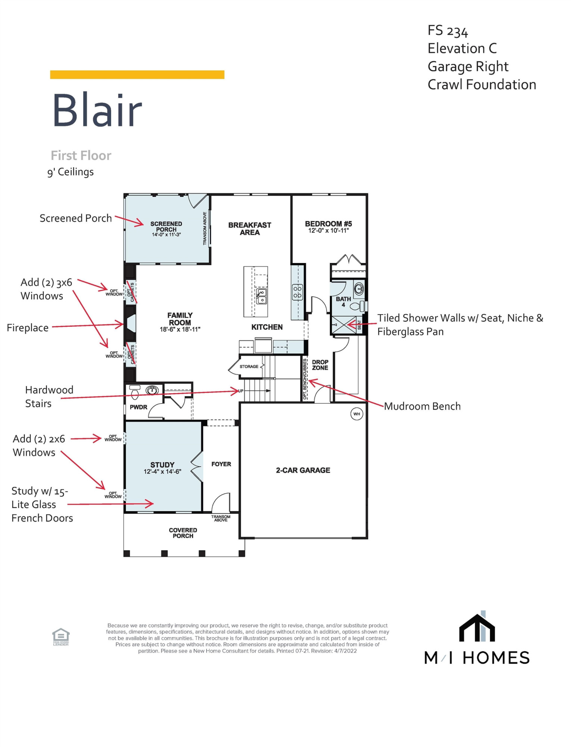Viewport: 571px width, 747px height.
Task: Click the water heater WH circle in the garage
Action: click(357, 414)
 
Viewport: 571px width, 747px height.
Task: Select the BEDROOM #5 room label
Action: click(328, 224)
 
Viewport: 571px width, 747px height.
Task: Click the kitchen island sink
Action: click(262, 296)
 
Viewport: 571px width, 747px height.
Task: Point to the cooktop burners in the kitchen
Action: click(297, 292)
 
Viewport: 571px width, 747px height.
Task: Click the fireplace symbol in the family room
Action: click(131, 323)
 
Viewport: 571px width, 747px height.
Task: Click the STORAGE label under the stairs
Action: click(249, 366)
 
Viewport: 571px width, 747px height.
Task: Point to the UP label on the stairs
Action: click(241, 391)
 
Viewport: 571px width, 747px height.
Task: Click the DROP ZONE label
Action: click(320, 365)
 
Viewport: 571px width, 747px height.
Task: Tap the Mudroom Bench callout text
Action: click(422, 406)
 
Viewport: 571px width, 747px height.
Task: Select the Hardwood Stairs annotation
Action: click(49, 397)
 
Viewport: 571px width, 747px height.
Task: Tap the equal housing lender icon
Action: click(61, 637)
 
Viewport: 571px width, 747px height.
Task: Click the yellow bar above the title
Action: click(137, 75)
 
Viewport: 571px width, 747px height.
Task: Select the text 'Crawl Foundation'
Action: click(482, 85)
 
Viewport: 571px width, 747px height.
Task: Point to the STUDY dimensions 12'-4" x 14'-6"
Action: click(162, 472)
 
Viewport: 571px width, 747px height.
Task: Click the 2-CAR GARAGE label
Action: click(303, 470)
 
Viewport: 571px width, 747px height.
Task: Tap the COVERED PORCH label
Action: click(183, 533)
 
